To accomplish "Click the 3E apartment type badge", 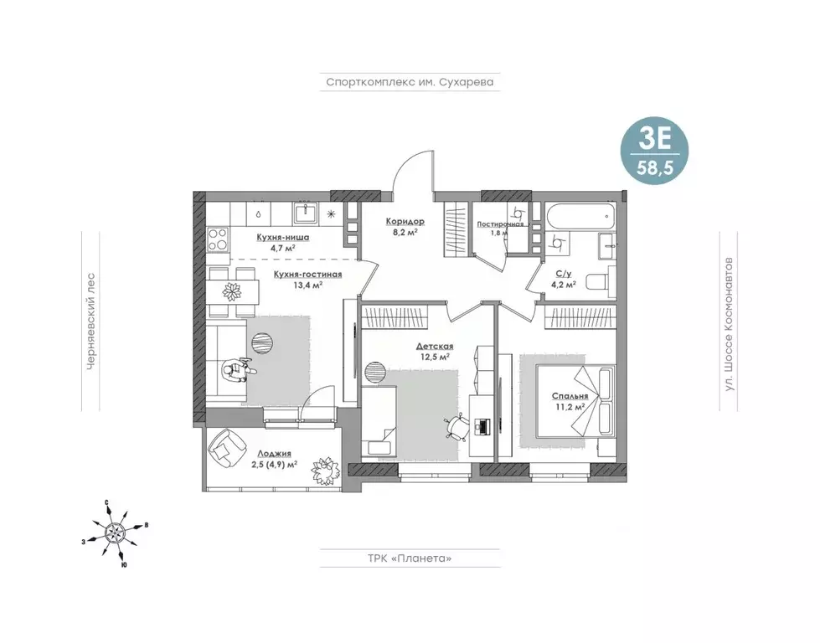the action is [x=655, y=151].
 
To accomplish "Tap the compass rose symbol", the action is [x=115, y=532].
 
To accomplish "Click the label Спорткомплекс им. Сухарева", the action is [x=410, y=82].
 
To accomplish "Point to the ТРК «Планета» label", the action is [x=410, y=558].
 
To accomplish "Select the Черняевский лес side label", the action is [x=91, y=321].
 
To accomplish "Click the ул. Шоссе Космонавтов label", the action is [x=729, y=324].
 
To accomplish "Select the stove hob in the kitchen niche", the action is [x=218, y=239].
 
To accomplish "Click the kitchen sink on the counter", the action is [x=306, y=213].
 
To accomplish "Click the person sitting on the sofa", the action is [x=238, y=371].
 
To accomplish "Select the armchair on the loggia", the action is [x=227, y=449].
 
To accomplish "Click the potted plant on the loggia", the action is [x=324, y=469].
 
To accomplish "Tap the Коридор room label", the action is [x=405, y=221].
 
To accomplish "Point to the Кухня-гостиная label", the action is [x=308, y=275].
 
